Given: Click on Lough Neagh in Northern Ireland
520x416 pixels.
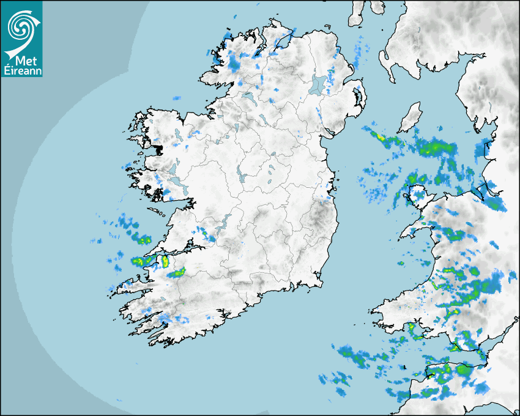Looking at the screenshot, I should [318, 84].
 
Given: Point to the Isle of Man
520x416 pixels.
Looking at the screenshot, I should [410, 117].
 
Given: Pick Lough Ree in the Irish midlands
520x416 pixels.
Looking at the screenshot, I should [242, 176].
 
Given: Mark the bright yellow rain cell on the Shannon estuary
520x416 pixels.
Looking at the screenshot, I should [164, 261].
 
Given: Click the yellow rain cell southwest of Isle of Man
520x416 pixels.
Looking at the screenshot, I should [381, 137].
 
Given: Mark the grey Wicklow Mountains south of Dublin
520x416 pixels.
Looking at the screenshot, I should [321, 217].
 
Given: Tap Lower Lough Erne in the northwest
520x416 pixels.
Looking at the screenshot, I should [248, 97].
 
